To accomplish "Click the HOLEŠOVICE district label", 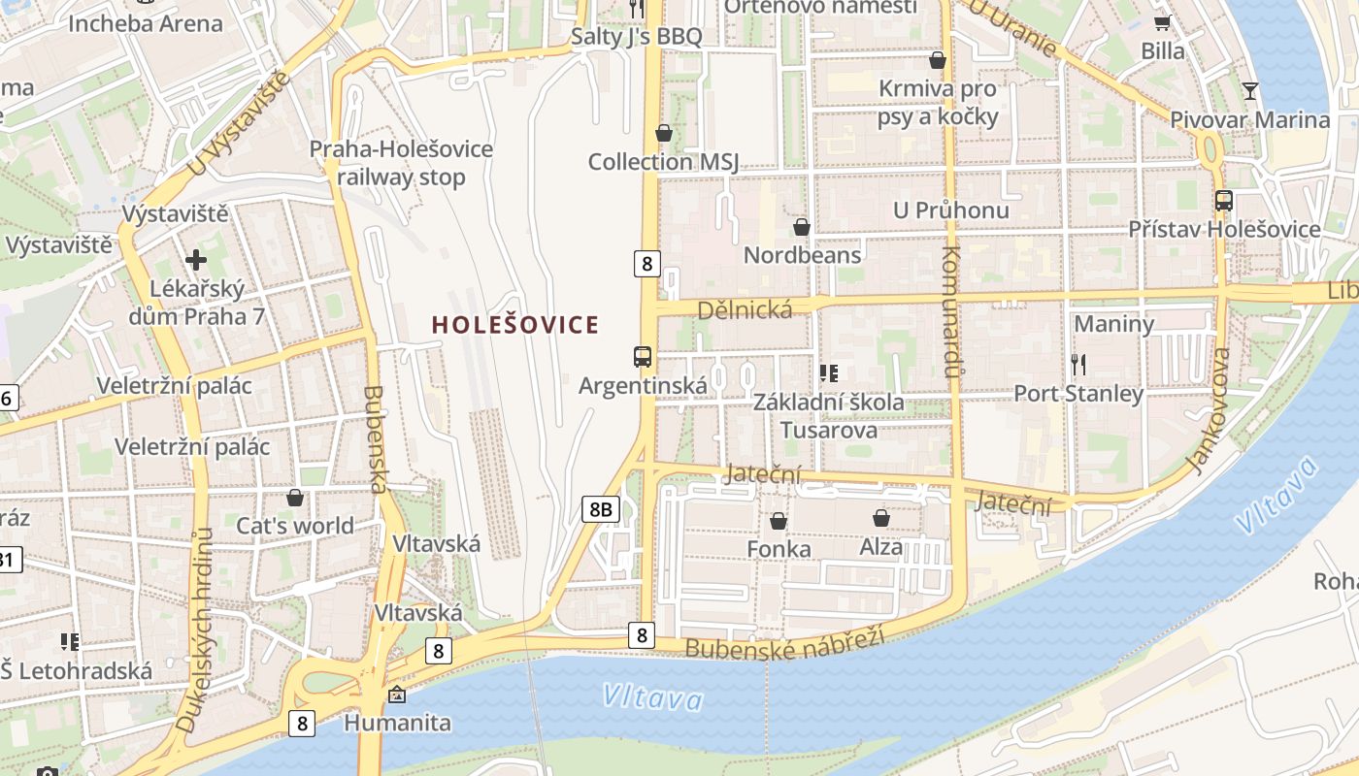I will [x=514, y=325].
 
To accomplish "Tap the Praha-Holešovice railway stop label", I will [x=401, y=163].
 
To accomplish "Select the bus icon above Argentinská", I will [x=643, y=356].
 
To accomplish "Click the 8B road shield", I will [x=601, y=508].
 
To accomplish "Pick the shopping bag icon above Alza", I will [x=881, y=518].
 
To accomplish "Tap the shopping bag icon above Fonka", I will [x=779, y=521].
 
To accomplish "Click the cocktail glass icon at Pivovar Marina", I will [x=1250, y=91].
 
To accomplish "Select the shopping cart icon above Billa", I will [x=1162, y=21].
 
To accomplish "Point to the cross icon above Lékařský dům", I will [x=196, y=259].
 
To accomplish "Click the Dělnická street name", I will [x=745, y=309].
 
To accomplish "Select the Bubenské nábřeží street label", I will [x=785, y=642].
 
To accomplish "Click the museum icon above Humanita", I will [x=397, y=695].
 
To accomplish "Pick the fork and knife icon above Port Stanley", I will [x=1078, y=365].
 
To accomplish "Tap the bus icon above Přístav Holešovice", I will [x=1224, y=201].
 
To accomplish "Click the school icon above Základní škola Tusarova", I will [x=828, y=372].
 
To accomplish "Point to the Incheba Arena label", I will [x=146, y=23].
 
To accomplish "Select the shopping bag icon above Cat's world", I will [x=295, y=498].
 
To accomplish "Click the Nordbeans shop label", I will [x=802, y=255].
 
